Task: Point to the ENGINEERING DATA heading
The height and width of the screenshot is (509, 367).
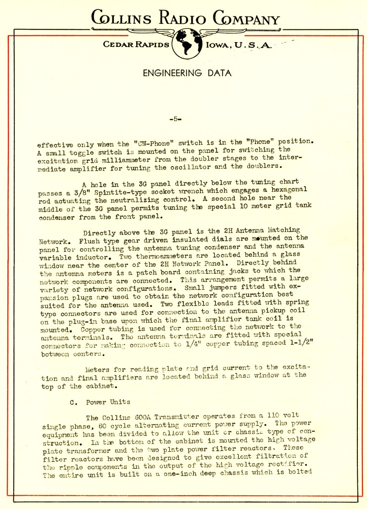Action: coord(187,73)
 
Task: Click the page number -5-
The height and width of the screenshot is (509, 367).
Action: coord(176,119)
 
